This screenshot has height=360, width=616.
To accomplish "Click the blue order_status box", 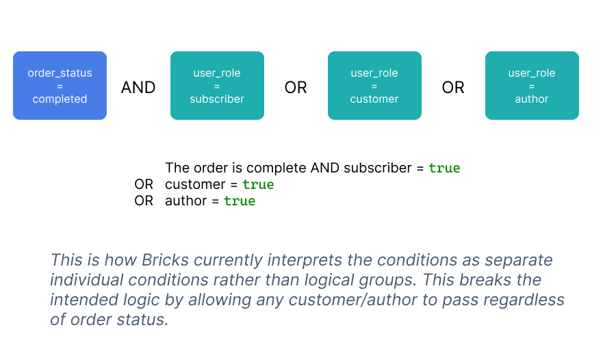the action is [60, 86].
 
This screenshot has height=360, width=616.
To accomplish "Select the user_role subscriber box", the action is [217, 86].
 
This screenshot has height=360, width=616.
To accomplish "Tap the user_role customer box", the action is [375, 86].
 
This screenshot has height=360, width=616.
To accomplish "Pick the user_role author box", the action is [532, 86].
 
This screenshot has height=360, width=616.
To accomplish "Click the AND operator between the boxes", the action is [138, 87].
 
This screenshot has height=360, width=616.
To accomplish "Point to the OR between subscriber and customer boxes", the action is [296, 87].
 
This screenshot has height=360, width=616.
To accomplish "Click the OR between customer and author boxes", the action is [453, 87].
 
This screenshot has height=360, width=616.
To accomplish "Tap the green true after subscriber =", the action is [444, 168].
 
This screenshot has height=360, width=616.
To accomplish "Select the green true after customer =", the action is [258, 184].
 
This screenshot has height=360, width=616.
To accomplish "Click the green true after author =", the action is [240, 201].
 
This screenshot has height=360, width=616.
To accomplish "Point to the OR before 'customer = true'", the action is [144, 184].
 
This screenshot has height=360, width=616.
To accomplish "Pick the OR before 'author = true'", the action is [144, 201].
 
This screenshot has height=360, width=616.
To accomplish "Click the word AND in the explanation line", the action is [325, 168].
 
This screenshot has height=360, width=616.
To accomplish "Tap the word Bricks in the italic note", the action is [166, 260].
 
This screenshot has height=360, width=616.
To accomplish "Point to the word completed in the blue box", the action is [60, 99].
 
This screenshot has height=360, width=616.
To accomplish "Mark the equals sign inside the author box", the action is [532, 86].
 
